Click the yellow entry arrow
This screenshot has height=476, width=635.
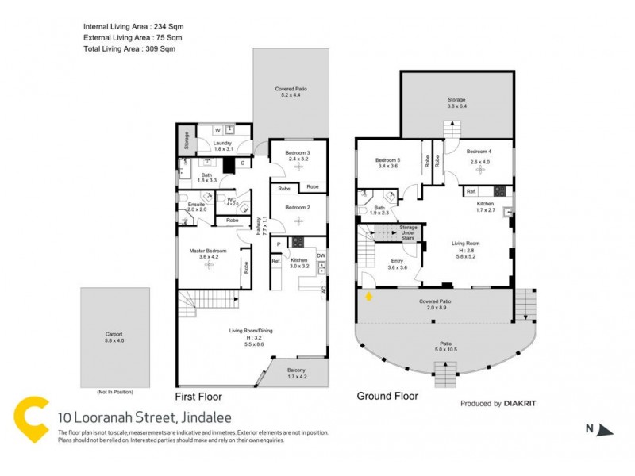pos(369,297)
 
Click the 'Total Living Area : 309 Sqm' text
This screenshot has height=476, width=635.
pos(129,48)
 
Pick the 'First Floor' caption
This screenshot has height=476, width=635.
pos(198,396)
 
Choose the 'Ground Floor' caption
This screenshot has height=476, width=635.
pos(387,396)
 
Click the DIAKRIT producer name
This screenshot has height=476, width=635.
pos(520,404)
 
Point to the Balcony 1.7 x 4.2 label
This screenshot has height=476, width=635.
pos(299,371)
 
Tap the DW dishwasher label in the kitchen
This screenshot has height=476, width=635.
pos(321,255)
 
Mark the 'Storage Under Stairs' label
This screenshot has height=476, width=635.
pos(408,232)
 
